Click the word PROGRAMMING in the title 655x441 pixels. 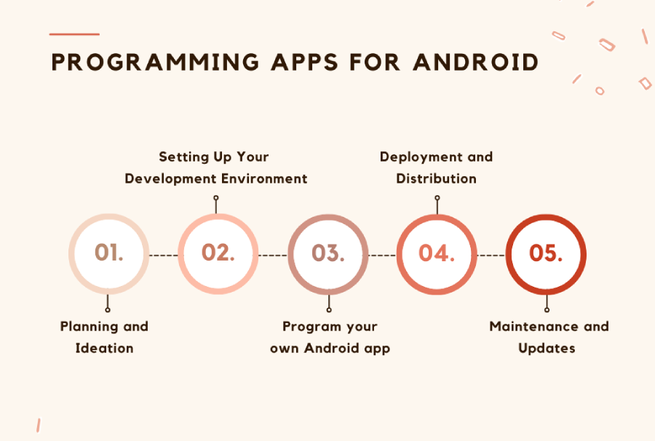click(x=155, y=62)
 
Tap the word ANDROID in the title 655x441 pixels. click(x=475, y=62)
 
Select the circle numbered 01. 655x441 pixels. click(x=108, y=253)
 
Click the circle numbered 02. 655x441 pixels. click(x=218, y=253)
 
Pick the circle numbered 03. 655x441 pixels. click(x=327, y=253)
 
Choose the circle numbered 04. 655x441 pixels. click(x=437, y=253)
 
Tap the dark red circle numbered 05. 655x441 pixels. click(x=547, y=253)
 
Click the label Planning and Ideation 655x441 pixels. click(x=104, y=337)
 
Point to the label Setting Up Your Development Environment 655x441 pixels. click(x=215, y=167)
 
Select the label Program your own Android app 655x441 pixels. click(x=330, y=337)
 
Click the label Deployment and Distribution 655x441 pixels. click(x=436, y=167)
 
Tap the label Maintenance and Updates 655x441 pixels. click(x=548, y=337)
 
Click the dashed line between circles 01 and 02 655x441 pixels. click(x=163, y=255)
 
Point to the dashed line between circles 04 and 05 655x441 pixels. click(x=491, y=255)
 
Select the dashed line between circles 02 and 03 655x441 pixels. click(x=273, y=255)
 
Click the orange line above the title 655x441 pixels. click(x=74, y=34)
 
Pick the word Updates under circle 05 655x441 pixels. click(x=547, y=348)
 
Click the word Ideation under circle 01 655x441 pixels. click(x=104, y=348)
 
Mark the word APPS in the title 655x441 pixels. click(x=300, y=62)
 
